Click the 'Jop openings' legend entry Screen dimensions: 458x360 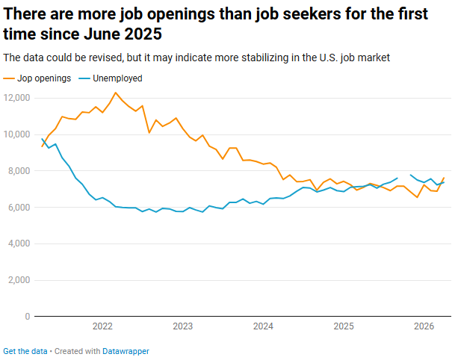tap(37, 78)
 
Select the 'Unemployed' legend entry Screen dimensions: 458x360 tap(111, 78)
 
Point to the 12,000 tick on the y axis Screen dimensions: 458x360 tap(16, 98)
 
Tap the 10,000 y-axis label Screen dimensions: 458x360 tap(16, 134)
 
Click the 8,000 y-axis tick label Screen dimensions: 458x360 tap(19, 171)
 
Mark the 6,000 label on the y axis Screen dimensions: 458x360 tap(19, 208)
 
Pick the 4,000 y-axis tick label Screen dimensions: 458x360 tap(19, 243)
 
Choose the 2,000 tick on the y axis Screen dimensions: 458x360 tap(19, 280)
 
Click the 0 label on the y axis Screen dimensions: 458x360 tap(28, 317)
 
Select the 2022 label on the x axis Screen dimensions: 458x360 tap(102, 326)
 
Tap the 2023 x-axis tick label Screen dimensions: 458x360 tap(183, 326)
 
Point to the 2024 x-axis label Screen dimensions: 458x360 tap(263, 326)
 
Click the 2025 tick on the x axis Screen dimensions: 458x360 tap(344, 326)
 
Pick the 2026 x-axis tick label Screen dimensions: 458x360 tap(424, 326)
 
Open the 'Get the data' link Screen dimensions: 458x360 tap(25, 351)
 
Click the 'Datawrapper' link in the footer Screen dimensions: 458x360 tap(126, 351)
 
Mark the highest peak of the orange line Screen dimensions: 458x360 tap(116, 93)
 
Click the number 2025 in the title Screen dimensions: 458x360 tap(143, 34)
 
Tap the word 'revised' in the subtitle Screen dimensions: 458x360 tap(105, 58)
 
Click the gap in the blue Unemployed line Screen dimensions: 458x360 tap(404, 176)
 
